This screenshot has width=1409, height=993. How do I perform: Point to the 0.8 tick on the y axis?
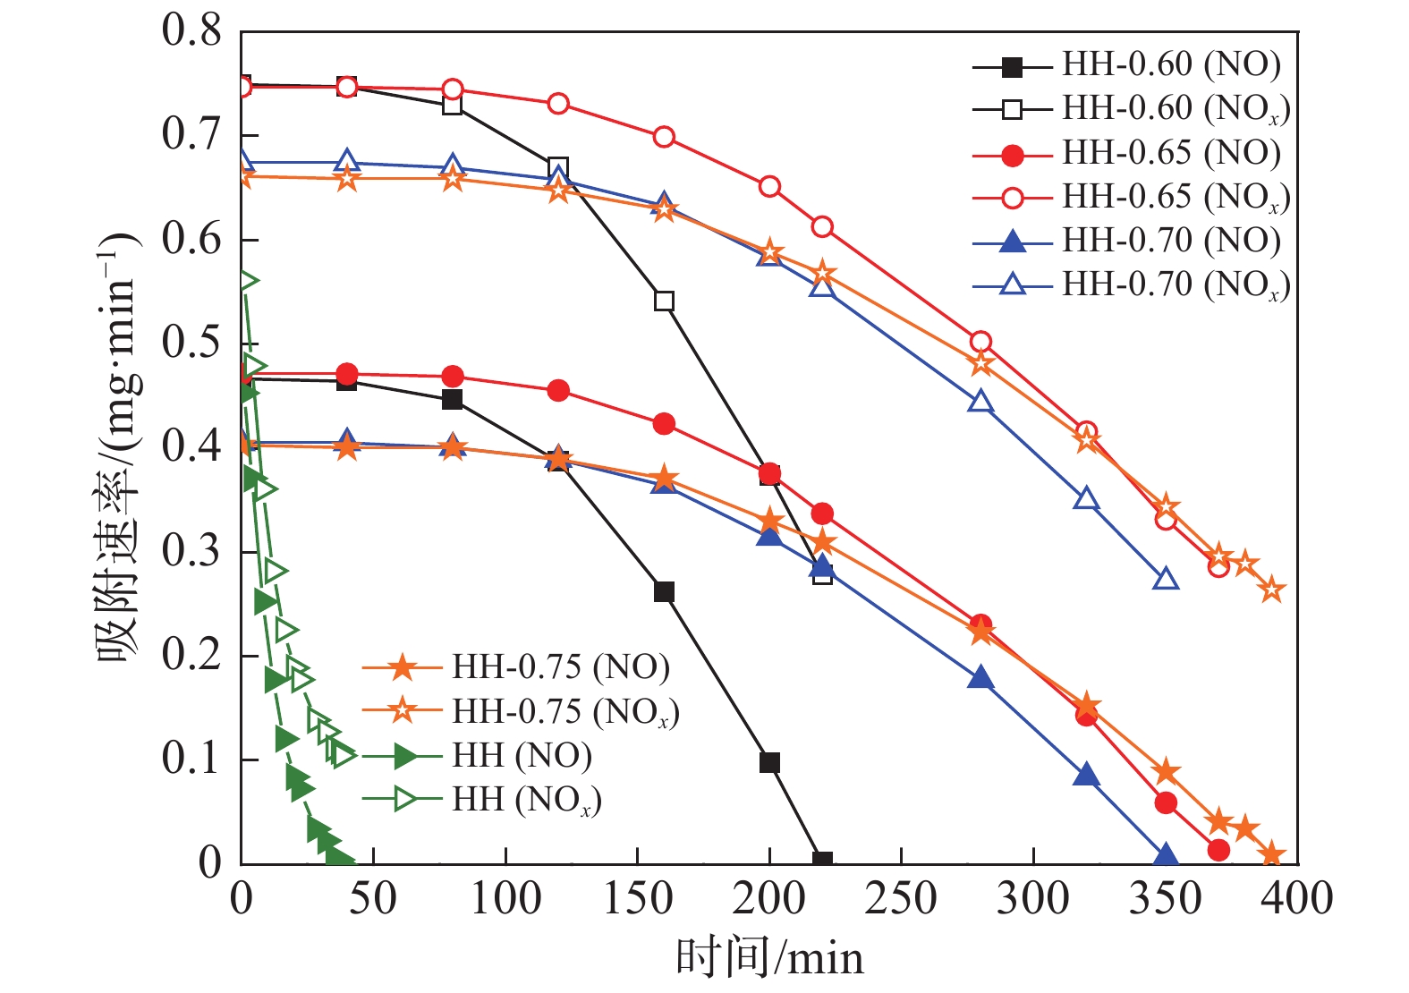click(x=191, y=31)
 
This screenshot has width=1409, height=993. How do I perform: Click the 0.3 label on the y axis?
click(x=191, y=552)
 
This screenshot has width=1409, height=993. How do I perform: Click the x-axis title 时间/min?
click(x=769, y=958)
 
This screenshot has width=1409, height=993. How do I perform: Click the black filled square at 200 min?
click(x=769, y=762)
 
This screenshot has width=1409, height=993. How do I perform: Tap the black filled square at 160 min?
click(x=664, y=591)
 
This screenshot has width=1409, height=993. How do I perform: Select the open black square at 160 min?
click(x=664, y=301)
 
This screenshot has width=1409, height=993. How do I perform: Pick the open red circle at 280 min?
click(x=980, y=342)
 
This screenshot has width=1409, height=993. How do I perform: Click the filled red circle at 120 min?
click(x=558, y=390)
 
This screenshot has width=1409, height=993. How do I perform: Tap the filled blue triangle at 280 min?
click(x=980, y=677)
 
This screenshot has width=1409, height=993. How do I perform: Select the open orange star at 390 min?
click(x=1271, y=590)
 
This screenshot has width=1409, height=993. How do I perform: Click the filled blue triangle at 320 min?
click(x=1086, y=775)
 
